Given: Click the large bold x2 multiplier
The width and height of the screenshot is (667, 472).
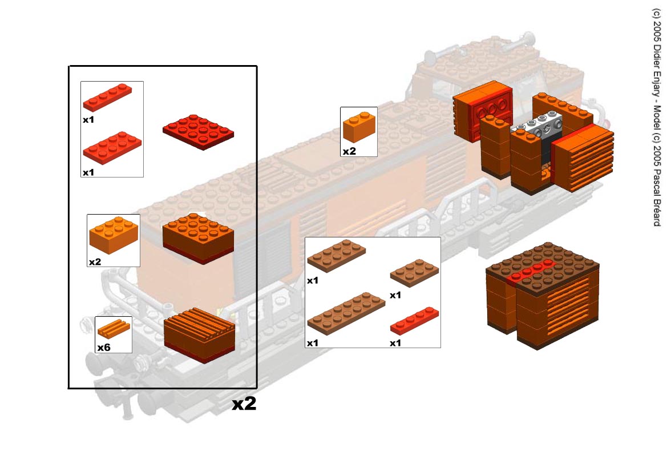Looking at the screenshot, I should click(x=244, y=404).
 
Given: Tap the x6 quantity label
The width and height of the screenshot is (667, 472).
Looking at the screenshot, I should click(x=103, y=347).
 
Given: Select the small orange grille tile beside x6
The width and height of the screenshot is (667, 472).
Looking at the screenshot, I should click(x=114, y=329).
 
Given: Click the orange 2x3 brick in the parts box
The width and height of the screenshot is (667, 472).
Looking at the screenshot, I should click(x=114, y=234).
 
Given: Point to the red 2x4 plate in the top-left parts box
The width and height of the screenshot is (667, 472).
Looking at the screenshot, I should click(x=112, y=147).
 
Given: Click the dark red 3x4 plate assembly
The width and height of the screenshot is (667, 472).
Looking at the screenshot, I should click(x=198, y=131).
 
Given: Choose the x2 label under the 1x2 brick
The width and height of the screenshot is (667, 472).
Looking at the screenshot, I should click(x=349, y=151).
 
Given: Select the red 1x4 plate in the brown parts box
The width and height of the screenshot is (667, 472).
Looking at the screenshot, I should click(x=415, y=319).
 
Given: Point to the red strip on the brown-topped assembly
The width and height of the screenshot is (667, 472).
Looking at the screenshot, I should click(x=531, y=270).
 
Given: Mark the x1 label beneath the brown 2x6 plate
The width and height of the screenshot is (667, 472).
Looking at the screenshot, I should click(x=313, y=343).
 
